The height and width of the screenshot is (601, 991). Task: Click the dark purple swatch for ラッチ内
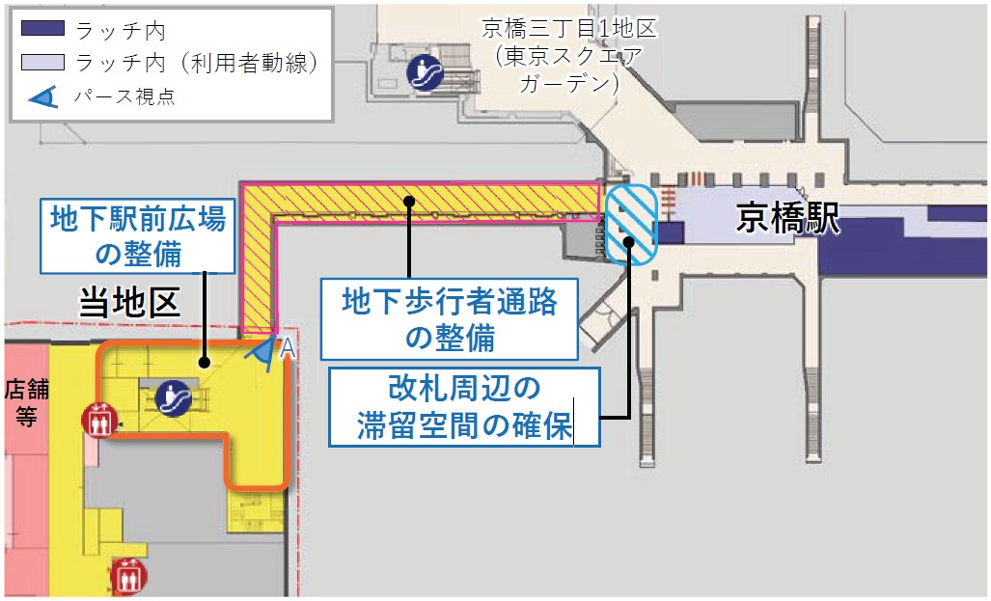coord(42,30)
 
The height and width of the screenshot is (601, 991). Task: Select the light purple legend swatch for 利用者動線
coord(42,63)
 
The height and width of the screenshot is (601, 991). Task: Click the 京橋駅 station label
coord(787,219)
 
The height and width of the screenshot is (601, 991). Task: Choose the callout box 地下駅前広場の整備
coord(138,236)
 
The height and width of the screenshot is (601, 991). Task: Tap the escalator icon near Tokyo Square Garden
coord(424,71)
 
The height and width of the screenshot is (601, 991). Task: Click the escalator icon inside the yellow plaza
coord(174,396)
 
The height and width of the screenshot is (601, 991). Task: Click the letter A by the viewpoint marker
coord(286,349)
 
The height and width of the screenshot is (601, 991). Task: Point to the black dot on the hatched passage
coord(409,201)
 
